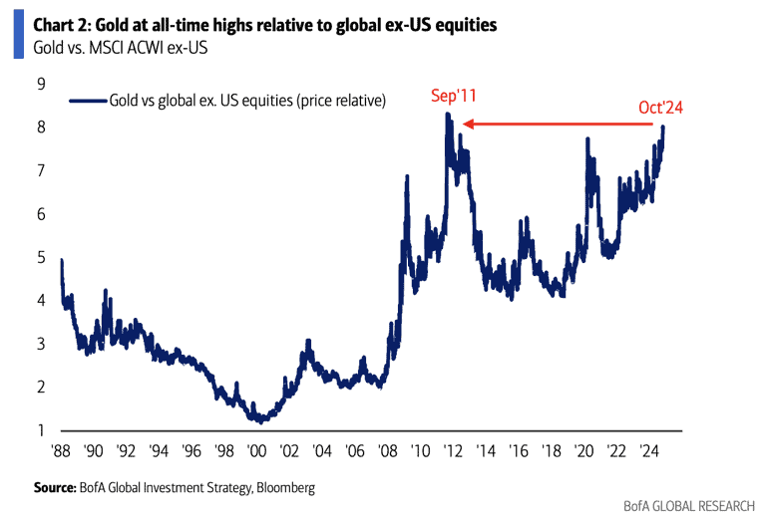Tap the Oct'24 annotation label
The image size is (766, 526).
tap(660, 107)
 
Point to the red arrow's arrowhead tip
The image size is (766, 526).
tap(462, 125)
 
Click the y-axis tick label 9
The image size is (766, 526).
tap(42, 84)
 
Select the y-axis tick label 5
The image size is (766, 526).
tap(42, 257)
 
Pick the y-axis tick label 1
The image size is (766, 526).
tap(42, 430)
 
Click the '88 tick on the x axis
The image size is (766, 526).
tap(61, 450)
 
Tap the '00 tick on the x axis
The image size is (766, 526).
tap(256, 450)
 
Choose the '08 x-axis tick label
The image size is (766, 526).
tap(387, 450)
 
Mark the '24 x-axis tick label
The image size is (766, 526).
tap(648, 450)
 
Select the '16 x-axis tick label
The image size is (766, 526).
tap(518, 450)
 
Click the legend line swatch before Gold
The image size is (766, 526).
tap(88, 100)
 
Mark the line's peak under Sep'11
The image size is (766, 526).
tap(448, 115)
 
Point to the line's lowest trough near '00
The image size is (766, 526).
tap(256, 421)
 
